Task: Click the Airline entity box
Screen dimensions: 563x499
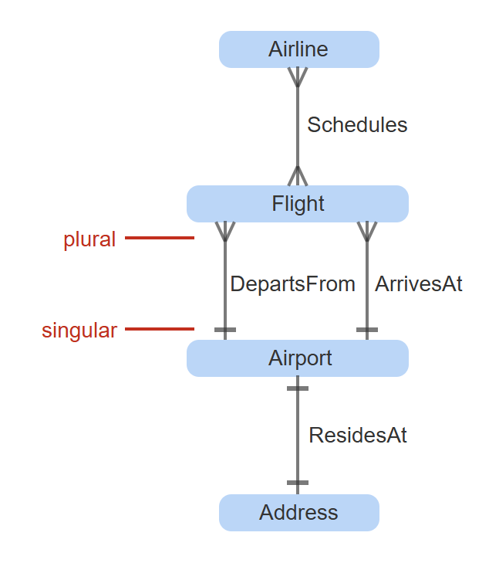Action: point(298,49)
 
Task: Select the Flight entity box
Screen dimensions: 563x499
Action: point(298,204)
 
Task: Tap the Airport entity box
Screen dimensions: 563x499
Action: point(298,358)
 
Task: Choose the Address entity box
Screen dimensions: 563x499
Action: point(298,513)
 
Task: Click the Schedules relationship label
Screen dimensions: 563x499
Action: point(357,125)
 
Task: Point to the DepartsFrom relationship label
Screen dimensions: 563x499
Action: point(292,284)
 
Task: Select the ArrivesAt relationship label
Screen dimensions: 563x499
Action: point(419,284)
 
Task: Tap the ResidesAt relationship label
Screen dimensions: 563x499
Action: point(358,436)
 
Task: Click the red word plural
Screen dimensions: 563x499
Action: point(89,239)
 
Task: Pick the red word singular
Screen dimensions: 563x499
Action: point(79,331)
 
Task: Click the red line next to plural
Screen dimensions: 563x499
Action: point(160,238)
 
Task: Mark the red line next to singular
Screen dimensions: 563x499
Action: point(160,330)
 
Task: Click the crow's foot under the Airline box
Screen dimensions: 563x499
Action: point(298,77)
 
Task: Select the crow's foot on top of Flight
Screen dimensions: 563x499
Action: point(298,176)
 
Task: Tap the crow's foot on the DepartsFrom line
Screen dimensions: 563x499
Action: point(224,231)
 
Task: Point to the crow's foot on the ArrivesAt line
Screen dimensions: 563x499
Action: point(367,231)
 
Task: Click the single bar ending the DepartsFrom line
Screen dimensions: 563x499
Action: point(224,330)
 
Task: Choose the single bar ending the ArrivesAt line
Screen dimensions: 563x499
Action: point(367,330)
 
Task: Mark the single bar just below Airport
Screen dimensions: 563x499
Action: point(298,388)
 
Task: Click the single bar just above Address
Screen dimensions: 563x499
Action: point(298,483)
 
